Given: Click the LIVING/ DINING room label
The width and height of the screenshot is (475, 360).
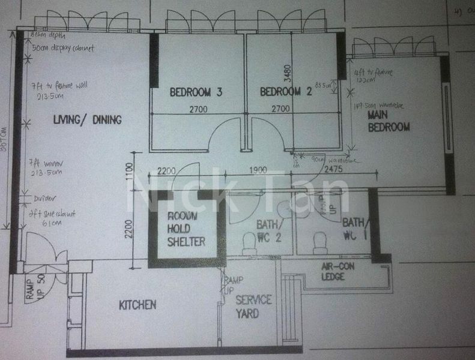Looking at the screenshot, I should coord(87,120).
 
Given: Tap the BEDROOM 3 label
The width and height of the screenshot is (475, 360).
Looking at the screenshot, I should coord(196,92).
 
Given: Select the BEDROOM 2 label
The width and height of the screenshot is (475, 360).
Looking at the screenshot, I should coord(286,92).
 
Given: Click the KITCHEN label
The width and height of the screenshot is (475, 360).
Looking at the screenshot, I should coord(138,305).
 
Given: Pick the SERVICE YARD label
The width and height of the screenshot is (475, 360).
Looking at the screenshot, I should coord(253,306).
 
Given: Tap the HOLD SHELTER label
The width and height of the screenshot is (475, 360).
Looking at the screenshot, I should coord(186,235).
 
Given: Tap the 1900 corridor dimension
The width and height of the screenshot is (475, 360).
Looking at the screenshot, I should coord(257,170).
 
